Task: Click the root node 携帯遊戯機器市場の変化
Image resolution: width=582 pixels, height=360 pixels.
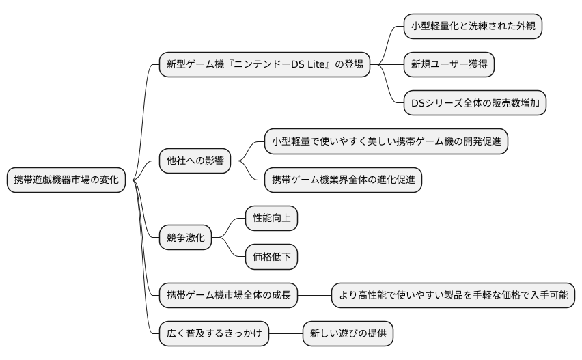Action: point(66,180)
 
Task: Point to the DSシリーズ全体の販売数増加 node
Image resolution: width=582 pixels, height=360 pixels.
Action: point(475,103)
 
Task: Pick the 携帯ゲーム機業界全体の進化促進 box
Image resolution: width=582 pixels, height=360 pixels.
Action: point(344,180)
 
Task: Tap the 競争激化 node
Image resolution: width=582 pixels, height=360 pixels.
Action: point(185,238)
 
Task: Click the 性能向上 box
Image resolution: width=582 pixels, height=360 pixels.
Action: point(271,219)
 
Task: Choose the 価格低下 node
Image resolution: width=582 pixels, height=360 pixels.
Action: point(271,258)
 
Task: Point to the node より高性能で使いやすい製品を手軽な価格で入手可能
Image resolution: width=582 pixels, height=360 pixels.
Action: point(453,296)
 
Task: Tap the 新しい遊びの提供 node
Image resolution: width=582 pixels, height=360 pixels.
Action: point(348,335)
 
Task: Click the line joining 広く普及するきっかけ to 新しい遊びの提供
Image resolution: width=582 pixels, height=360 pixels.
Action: point(285,335)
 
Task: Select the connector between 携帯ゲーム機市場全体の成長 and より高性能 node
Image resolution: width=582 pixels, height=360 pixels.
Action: point(315,296)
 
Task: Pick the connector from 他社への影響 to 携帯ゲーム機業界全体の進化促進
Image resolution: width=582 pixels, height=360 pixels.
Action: point(253,174)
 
